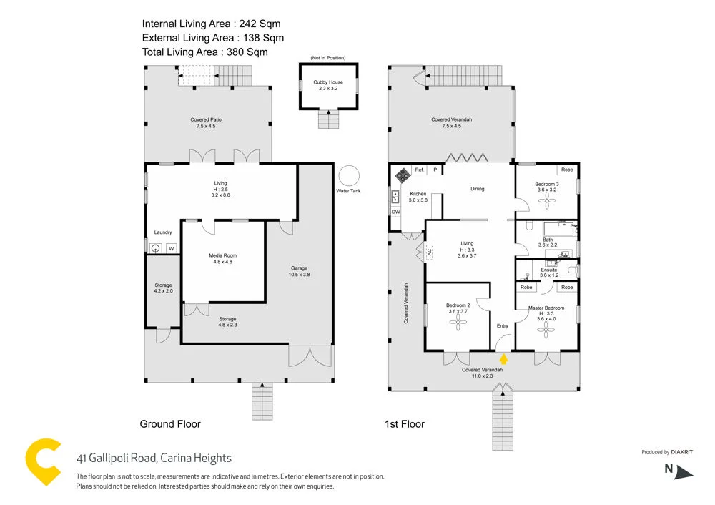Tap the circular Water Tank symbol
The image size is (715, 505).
[350, 175]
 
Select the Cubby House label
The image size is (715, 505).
[328, 82]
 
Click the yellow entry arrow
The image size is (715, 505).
[503, 359]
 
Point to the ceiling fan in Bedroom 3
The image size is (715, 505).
[547, 202]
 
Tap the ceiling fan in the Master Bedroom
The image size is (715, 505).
[547, 329]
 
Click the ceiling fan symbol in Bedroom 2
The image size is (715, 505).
[457, 324]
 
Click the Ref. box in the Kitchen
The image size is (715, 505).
[420, 170]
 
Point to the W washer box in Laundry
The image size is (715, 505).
[171, 248]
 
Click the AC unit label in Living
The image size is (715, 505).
[430, 252]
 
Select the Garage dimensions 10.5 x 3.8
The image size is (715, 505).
[299, 275]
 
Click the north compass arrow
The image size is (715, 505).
[684, 471]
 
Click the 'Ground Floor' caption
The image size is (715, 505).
[170, 424]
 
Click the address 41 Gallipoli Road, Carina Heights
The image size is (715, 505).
[154, 459]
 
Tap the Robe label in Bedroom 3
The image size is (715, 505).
[566, 170]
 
